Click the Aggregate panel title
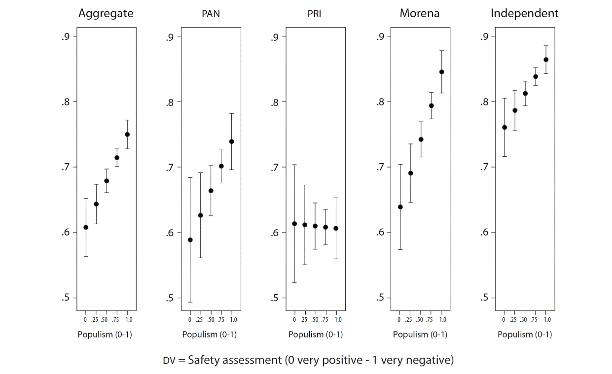pos(106,14)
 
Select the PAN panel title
pos(211,14)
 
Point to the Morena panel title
pos(420,14)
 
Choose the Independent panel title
pos(524,14)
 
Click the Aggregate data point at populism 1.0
pos(127,134)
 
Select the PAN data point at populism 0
pos(190,240)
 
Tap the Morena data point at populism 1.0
pos(441,72)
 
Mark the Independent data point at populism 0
pos(504,127)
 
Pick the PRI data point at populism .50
pos(315,226)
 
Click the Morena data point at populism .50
pos(421,139)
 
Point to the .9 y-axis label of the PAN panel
pos(171,36)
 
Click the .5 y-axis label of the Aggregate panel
pos(66,298)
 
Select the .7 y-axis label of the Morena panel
pos(380,167)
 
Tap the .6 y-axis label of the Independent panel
pos(484,233)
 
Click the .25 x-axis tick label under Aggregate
pos(96,320)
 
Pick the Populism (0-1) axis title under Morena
pos(420,335)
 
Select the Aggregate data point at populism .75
pos(117,158)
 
